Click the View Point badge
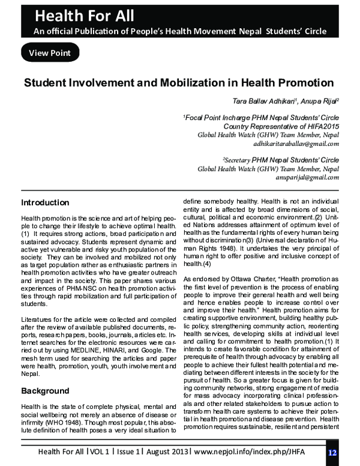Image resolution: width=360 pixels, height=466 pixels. click(50, 53)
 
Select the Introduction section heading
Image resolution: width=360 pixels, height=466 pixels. click(45, 202)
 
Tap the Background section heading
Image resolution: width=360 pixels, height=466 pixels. click(45, 391)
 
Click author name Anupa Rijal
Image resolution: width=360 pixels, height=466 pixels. click(319, 102)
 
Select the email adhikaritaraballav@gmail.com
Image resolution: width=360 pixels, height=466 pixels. click(296, 144)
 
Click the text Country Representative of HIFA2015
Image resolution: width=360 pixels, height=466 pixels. click(281, 127)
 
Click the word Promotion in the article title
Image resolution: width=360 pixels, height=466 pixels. click(297, 82)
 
